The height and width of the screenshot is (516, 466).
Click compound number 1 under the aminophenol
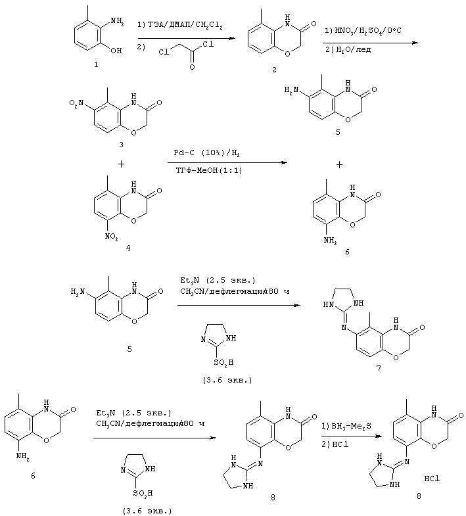(x=96, y=65)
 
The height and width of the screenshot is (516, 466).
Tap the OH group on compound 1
(x=116, y=51)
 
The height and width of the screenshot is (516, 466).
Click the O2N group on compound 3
(x=77, y=103)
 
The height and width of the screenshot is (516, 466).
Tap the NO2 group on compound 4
(x=111, y=236)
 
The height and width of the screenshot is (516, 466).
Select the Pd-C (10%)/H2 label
(x=206, y=153)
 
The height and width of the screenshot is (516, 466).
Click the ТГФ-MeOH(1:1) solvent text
(x=209, y=171)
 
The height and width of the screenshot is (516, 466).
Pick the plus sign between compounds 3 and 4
(x=121, y=164)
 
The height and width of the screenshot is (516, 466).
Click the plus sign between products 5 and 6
(x=339, y=164)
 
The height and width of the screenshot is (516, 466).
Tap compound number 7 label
(x=379, y=368)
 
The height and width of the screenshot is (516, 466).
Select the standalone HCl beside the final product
(x=432, y=479)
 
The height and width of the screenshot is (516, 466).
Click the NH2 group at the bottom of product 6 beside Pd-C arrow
(x=331, y=241)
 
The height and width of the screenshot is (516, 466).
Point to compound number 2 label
(x=274, y=70)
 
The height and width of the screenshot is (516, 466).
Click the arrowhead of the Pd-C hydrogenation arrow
(x=285, y=162)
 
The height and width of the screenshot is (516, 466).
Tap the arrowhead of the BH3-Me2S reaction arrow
(x=379, y=436)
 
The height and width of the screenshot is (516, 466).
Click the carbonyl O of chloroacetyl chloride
(x=192, y=67)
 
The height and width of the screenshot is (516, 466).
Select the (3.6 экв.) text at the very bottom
(x=147, y=511)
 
